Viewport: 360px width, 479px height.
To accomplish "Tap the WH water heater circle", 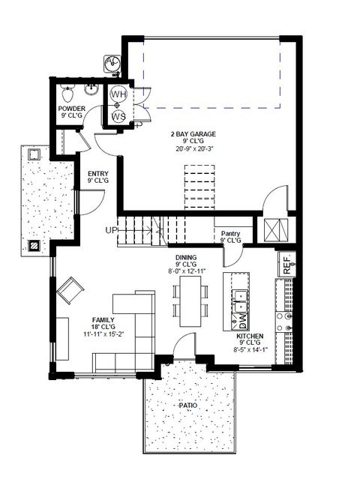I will click(118, 95).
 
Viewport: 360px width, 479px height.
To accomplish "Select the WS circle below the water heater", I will click(118, 117).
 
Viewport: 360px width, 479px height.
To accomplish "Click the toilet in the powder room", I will click(67, 94).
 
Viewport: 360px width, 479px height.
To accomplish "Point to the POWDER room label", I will click(71, 109).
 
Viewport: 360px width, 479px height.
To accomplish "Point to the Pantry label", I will click(231, 233).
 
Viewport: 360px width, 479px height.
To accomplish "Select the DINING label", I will click(186, 256).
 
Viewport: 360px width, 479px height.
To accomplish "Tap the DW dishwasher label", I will click(242, 320).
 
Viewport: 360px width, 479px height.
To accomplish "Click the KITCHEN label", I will click(252, 337).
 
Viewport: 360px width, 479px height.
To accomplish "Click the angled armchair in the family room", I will click(72, 289).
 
